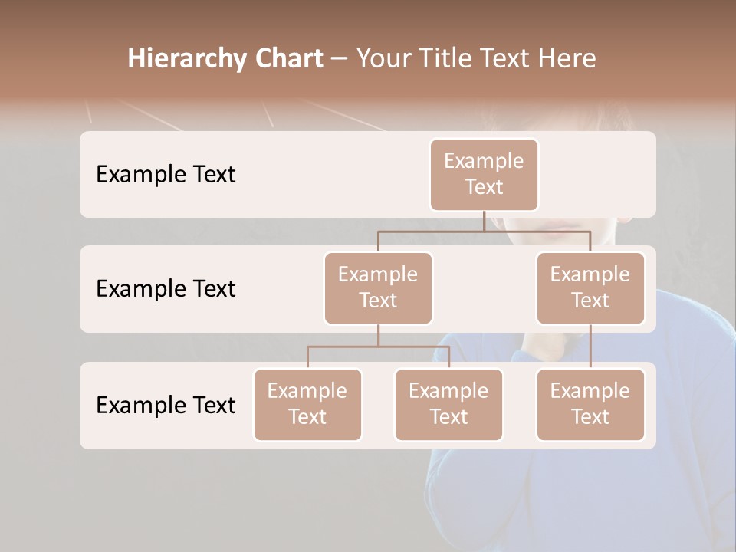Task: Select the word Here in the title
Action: coord(567,58)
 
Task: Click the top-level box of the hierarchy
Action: coord(484,174)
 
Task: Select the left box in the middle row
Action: coord(378,287)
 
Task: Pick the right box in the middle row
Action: coord(590,287)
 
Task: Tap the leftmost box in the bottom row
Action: coord(307,404)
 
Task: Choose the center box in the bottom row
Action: coord(449,404)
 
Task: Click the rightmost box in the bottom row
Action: coord(590,404)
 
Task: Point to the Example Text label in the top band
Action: coord(166,174)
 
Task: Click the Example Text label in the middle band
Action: coord(166,288)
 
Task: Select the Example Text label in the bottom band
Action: coord(166,405)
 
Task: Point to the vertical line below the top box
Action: coord(484,221)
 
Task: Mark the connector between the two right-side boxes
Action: coord(590,347)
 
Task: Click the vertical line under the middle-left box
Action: coord(378,335)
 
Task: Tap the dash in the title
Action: coord(340,58)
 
